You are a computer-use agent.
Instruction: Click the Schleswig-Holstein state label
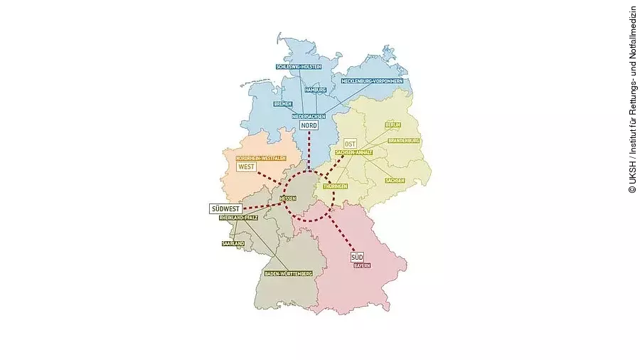[x=299, y=66]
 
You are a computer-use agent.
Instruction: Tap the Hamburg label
[x=315, y=90]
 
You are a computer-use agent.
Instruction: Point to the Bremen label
[x=283, y=104]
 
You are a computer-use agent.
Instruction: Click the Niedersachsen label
[x=309, y=116]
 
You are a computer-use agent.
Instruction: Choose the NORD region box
[x=309, y=126]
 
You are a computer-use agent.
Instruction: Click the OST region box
[x=349, y=143]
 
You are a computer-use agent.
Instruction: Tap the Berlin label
[x=393, y=125]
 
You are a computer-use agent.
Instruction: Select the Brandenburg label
[x=404, y=141]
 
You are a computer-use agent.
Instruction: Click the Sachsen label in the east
[x=395, y=180]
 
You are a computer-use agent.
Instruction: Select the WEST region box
[x=246, y=166]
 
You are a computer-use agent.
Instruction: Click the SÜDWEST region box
[x=225, y=208]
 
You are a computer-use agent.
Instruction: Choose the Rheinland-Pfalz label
[x=238, y=217]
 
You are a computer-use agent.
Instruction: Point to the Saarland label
[x=233, y=243]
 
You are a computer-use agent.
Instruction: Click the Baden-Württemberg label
[x=288, y=273]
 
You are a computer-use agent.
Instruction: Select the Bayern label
[x=362, y=265]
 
